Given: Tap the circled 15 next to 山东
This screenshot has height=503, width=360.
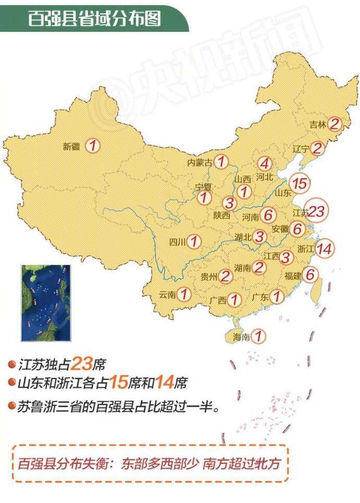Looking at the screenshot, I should tap(300, 183).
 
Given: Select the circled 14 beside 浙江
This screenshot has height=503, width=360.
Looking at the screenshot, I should tap(325, 248).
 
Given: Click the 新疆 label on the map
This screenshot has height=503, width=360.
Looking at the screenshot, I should tap(71, 147).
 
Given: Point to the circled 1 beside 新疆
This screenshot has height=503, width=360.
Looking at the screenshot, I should tap(93, 146).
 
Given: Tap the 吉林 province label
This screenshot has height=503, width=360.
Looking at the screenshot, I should tap(318, 125).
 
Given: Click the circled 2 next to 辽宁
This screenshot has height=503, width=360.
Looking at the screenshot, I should tap(317, 149).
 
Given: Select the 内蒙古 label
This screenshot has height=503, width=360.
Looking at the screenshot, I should tap(200, 163).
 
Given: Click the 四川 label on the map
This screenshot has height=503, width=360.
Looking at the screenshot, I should tap(177, 242).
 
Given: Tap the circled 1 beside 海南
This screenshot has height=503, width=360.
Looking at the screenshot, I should tap(258, 336).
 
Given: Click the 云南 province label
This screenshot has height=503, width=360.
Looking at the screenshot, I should tap(168, 294).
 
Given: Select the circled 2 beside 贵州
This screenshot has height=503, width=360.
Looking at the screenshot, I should tap(225, 276).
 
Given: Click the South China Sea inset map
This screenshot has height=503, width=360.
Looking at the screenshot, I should tap(46, 303).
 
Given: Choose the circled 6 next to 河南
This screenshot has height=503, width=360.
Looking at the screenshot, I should tap(268, 215).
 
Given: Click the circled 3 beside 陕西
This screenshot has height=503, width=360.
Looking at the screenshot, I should tap(229, 203).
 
